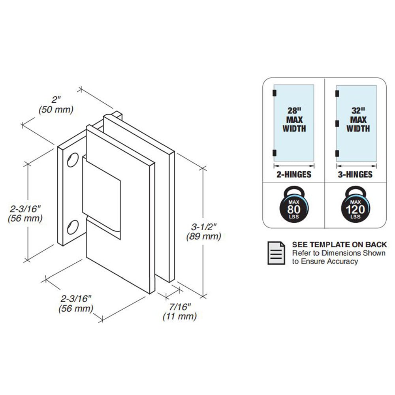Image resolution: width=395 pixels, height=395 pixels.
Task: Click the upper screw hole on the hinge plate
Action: click(x=73, y=160)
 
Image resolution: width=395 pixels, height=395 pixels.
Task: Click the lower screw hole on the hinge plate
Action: click(x=73, y=227)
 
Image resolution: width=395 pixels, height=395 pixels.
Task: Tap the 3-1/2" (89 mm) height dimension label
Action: click(x=204, y=232)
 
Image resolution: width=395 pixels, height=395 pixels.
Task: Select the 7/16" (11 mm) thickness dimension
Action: click(x=180, y=312)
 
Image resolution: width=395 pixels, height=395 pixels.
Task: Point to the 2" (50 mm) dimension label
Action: click(x=56, y=105)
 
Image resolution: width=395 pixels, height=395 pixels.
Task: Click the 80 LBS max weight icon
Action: click(x=294, y=205)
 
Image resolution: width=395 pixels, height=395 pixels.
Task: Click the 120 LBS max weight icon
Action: click(x=355, y=205)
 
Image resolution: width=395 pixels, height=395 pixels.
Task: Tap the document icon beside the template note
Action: click(x=276, y=253)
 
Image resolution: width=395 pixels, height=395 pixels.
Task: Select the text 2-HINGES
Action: click(x=294, y=174)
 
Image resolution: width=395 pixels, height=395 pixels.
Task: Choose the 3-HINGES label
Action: click(x=355, y=174)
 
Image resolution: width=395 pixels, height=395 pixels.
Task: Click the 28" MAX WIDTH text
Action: click(x=294, y=120)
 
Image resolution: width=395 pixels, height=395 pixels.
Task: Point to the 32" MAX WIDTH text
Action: click(x=358, y=120)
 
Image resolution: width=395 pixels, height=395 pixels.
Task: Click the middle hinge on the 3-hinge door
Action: click(x=337, y=123)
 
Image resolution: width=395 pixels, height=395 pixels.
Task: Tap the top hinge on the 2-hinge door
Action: click(x=275, y=93)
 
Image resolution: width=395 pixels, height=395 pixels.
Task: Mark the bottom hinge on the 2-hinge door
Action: click(x=275, y=153)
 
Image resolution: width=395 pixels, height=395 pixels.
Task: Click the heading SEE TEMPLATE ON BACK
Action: click(x=339, y=245)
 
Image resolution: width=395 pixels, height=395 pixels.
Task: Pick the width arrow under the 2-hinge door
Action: click(x=294, y=166)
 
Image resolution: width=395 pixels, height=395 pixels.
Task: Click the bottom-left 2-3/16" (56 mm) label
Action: click(x=76, y=303)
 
